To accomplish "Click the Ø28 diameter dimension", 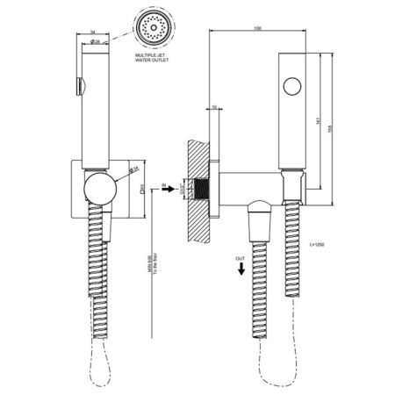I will (95, 42).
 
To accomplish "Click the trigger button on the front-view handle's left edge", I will (79, 85).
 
